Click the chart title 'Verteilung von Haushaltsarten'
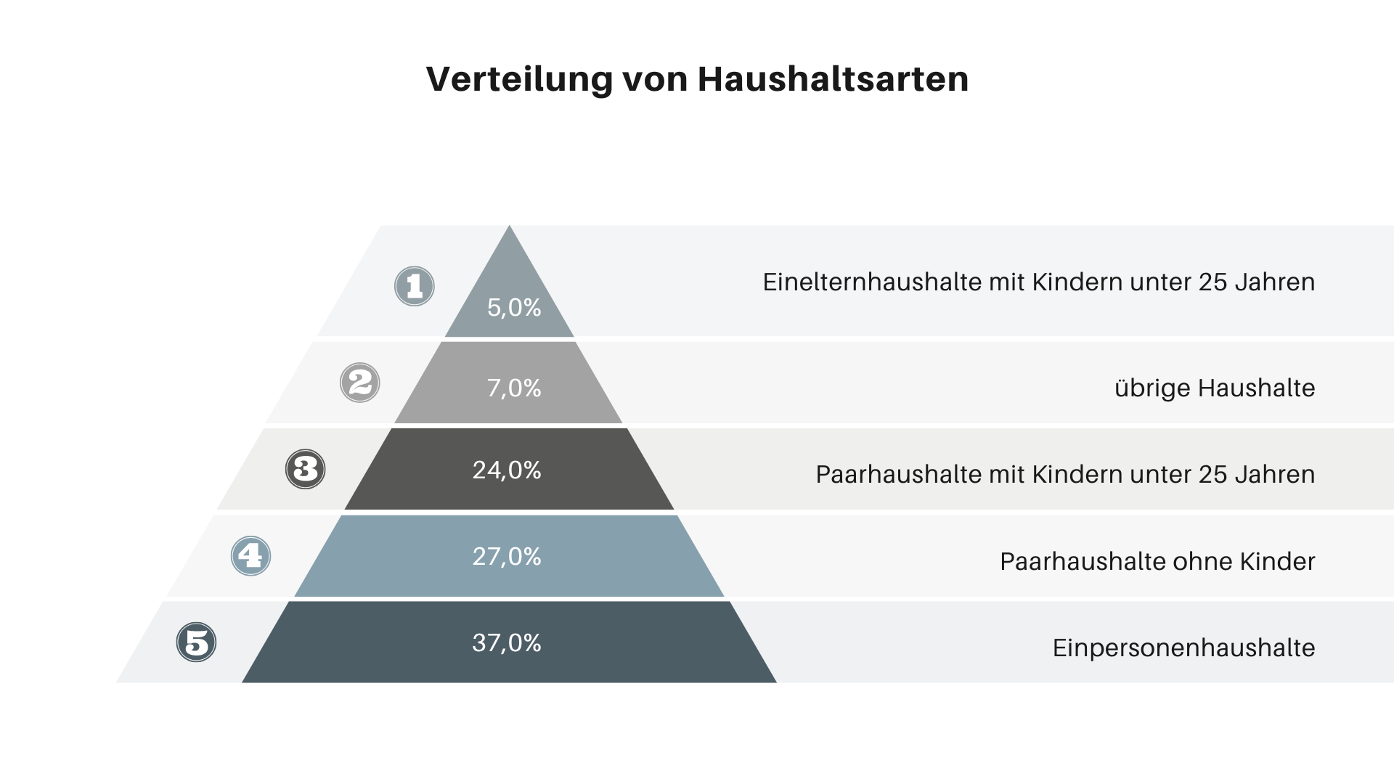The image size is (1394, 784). [697, 79]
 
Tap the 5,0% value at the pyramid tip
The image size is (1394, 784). [514, 308]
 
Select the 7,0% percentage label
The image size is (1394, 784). [514, 388]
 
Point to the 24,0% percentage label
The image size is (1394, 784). [507, 470]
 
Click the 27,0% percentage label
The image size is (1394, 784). [507, 557]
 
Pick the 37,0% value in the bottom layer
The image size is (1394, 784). [507, 643]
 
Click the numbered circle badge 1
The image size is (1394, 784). [415, 286]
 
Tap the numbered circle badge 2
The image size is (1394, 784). [360, 383]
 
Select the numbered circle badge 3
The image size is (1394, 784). [306, 469]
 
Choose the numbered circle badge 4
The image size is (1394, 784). [250, 556]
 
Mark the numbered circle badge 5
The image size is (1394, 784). [197, 642]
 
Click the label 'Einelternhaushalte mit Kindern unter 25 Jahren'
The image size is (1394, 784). [1038, 282]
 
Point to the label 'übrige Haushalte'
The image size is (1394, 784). [1215, 388]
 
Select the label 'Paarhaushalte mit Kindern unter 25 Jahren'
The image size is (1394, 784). [1065, 475]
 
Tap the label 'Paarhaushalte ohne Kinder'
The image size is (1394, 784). [1157, 561]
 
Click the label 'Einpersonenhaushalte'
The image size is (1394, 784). [1183, 648]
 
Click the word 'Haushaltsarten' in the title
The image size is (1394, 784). [833, 79]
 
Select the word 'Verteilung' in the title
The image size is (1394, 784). [519, 79]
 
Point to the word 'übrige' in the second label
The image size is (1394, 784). [1152, 388]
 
